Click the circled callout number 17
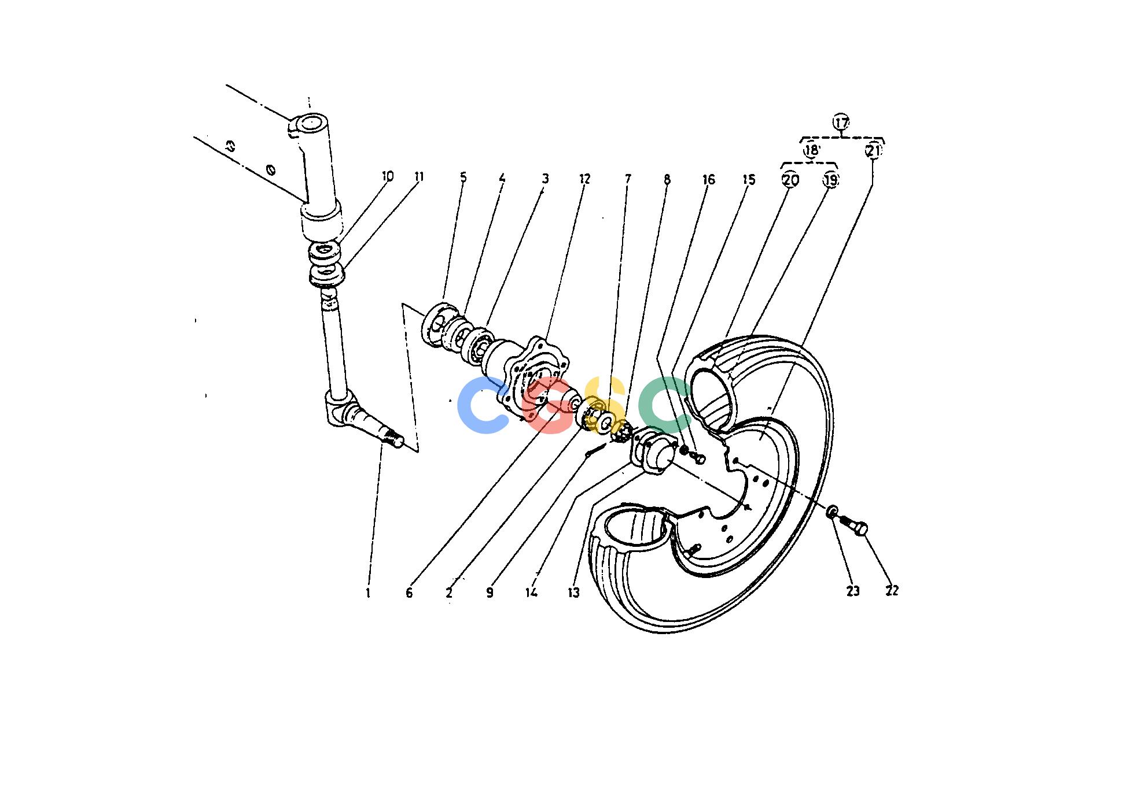tap(841, 123)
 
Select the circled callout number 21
tap(873, 151)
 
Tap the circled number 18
tap(811, 150)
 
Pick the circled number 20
tap(790, 180)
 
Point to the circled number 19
tap(830, 180)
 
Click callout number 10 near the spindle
tap(388, 176)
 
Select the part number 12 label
tap(584, 179)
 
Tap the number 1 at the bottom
tap(368, 592)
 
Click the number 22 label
tap(892, 590)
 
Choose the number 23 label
tap(853, 591)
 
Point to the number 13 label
tap(573, 593)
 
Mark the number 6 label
tap(409, 592)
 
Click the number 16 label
tap(708, 179)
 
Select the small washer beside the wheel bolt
tap(831, 511)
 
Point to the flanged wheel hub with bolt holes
tap(532, 379)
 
